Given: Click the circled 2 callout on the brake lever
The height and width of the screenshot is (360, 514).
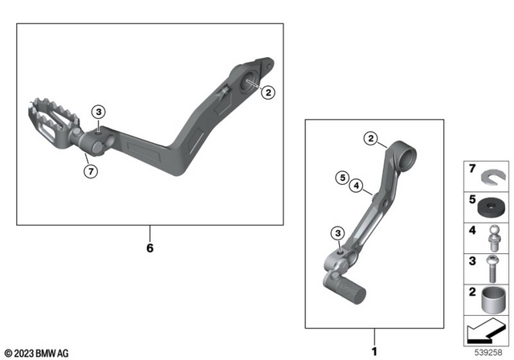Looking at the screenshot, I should tap(268, 92).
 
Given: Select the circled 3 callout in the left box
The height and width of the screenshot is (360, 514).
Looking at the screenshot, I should tap(98, 112).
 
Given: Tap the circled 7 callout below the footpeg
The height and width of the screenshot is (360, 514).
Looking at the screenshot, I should tap(91, 170).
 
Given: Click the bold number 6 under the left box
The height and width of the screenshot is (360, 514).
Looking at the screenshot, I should tap(149, 247).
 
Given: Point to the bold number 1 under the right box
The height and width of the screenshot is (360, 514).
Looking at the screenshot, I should tap(373, 351).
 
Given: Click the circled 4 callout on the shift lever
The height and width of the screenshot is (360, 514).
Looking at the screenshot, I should tap(355, 186).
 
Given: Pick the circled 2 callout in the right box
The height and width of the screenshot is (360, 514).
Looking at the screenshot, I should tap(370, 139).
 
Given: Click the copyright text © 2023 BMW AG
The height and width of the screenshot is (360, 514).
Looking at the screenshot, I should tap(36, 353).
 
